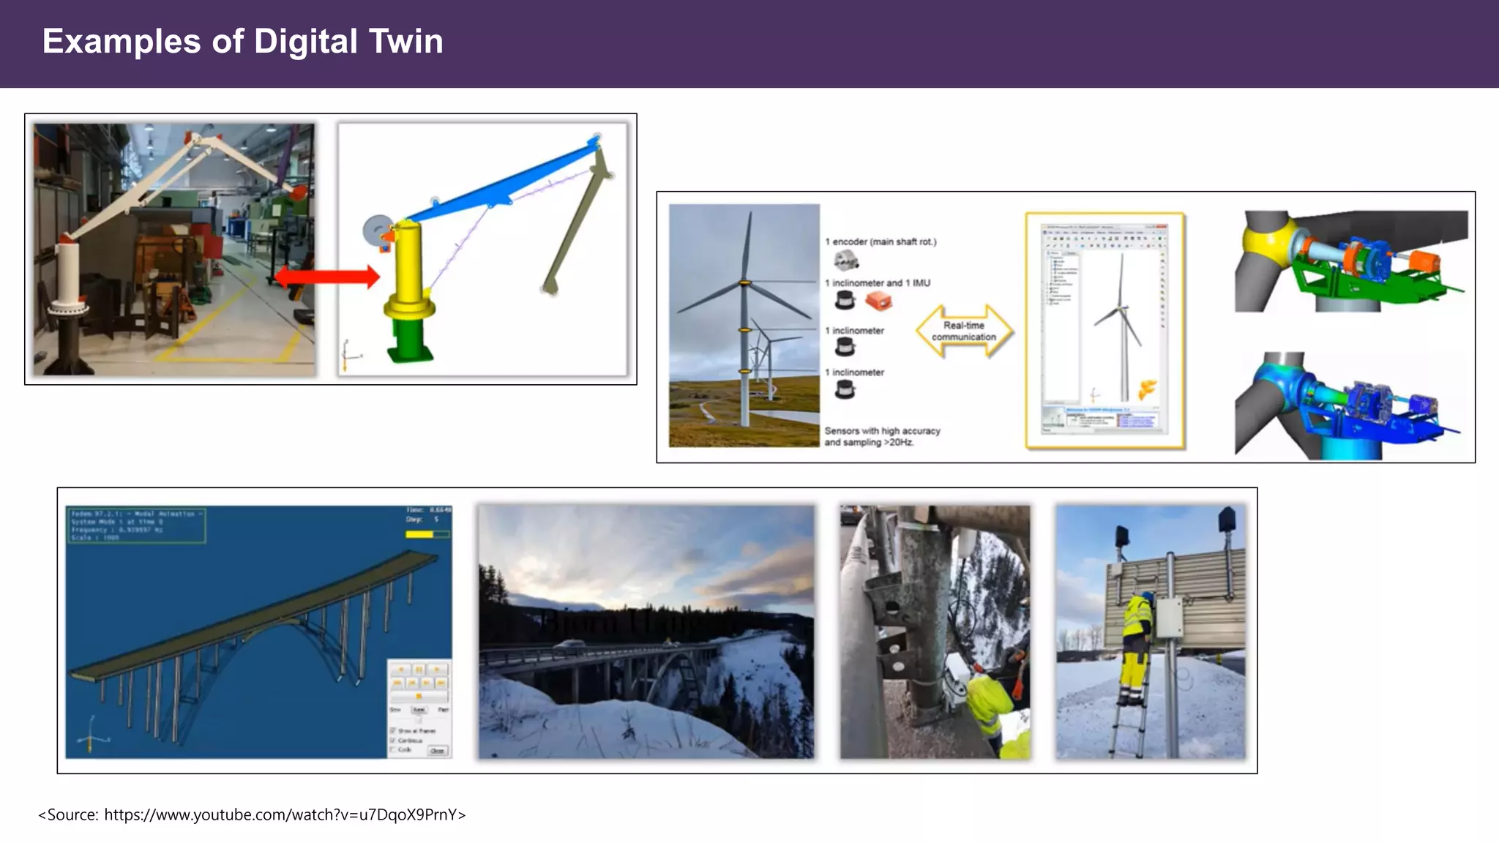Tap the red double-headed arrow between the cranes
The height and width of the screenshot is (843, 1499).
click(327, 277)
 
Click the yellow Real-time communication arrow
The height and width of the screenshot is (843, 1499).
click(964, 331)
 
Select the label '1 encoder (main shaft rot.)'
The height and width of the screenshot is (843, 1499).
click(881, 241)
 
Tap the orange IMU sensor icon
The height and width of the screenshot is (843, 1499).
click(878, 300)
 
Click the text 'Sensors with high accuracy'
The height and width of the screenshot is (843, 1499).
click(882, 431)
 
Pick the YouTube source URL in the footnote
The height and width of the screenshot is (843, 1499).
click(281, 814)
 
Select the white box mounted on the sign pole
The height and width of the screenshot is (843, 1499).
click(1168, 619)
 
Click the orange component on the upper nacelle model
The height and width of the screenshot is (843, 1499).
click(1423, 263)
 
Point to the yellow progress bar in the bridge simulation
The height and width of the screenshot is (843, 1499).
click(420, 535)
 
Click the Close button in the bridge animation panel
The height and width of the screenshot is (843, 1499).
click(437, 751)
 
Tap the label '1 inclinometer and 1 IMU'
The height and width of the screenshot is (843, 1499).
click(878, 282)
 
